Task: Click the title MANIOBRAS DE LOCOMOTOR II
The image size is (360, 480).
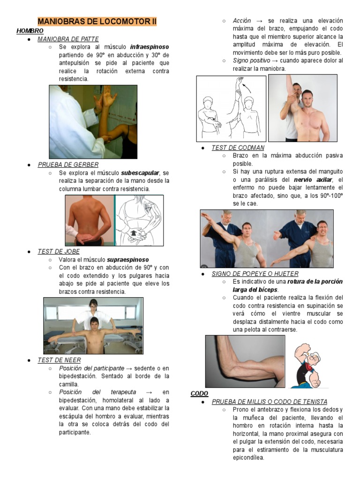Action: coord(97,22)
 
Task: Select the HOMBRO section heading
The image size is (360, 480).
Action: coord(30,30)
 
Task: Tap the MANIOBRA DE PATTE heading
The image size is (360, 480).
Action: coord(68,39)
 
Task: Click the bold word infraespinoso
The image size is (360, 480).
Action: coord(150,47)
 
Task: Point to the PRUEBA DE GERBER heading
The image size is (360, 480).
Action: coord(68,165)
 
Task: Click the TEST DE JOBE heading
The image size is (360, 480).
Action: coord(59,251)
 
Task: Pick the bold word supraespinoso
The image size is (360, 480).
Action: coord(127,259)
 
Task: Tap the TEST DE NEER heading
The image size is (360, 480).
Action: coord(59,360)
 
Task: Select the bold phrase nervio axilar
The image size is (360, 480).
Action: coord(314,180)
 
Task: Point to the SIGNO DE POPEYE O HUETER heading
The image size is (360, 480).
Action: coord(255,273)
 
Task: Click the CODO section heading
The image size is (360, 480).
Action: coord(199,393)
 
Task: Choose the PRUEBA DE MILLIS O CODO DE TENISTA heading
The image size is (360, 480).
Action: coord(270,402)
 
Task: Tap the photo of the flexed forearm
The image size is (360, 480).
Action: coord(245,361)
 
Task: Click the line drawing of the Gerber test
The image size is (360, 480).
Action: coord(139,220)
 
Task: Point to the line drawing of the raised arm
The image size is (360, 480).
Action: coord(231,108)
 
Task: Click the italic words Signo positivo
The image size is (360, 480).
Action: coord(251,60)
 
